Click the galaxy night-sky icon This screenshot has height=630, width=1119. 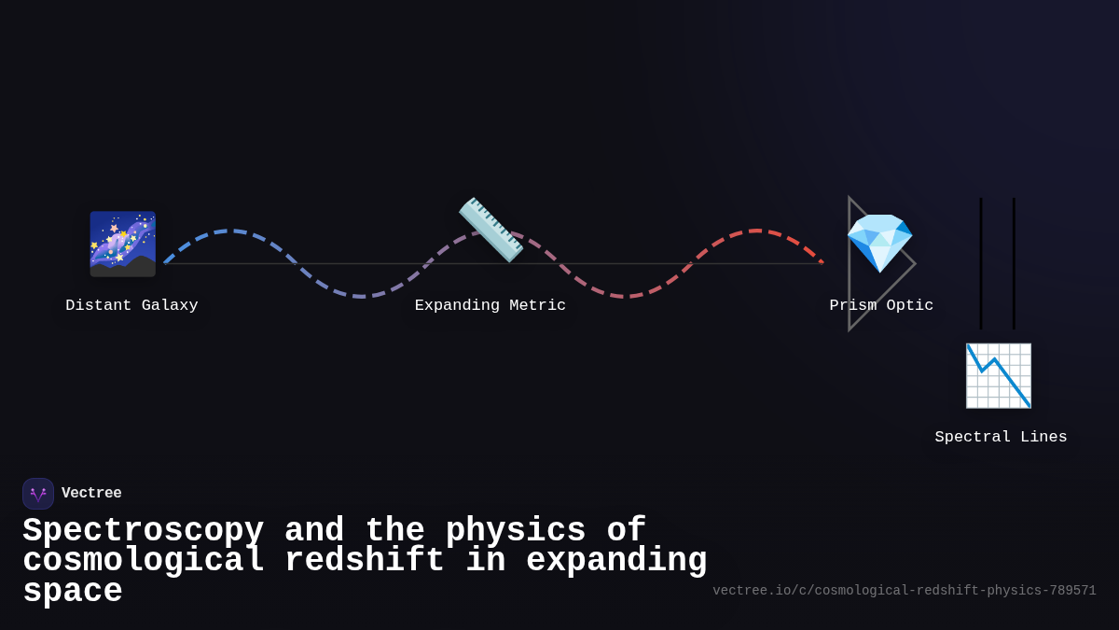122,244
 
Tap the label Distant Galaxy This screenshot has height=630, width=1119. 131,305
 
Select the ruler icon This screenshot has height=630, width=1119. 490,230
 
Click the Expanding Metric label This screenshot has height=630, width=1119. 490,305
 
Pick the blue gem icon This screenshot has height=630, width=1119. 879,243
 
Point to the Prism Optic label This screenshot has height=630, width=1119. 881,305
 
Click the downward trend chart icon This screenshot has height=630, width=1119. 999,375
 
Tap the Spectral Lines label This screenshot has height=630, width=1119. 1001,437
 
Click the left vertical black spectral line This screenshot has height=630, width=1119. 981,263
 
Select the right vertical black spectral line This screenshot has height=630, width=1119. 1014,263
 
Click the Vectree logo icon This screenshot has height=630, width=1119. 38,494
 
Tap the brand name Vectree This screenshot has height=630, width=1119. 91,494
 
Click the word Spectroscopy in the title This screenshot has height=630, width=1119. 143,531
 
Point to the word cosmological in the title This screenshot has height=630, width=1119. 144,561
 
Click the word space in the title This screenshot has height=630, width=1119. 73,592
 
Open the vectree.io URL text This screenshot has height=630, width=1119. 904,591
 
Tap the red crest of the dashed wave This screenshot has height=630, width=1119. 756,231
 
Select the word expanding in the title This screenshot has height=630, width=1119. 616,561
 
